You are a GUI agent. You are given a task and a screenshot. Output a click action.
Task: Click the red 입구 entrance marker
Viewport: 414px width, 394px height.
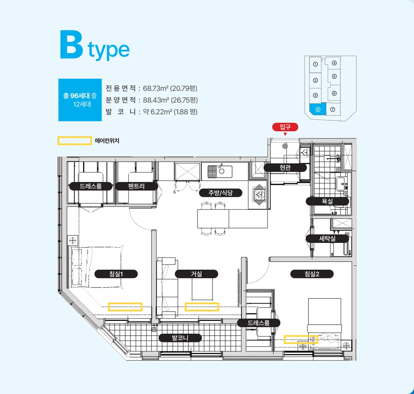coord(285,127)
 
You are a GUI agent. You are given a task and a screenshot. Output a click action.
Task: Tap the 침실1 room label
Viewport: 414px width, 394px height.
coord(116,274)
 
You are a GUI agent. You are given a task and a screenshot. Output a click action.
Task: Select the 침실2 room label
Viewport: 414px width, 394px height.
coord(312,274)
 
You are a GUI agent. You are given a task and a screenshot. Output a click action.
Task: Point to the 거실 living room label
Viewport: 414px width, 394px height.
coord(196,274)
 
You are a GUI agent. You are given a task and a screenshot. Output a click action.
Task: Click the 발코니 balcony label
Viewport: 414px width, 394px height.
coord(180,338)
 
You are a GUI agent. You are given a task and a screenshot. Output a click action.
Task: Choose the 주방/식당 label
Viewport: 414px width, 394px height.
coord(220,193)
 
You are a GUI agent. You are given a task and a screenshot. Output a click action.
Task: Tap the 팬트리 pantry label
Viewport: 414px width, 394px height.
coord(137,186)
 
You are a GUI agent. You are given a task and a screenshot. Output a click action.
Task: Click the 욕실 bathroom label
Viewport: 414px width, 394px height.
coord(327,201)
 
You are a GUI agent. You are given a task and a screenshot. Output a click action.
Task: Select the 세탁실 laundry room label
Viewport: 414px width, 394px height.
coord(327,239)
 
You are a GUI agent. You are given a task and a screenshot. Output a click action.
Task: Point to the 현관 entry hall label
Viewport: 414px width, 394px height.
coord(285,167)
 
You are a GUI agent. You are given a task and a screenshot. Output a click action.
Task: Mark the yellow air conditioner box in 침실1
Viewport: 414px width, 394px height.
coord(125,307)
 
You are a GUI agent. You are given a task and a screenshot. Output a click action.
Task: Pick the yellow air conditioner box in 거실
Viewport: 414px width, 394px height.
coord(202,307)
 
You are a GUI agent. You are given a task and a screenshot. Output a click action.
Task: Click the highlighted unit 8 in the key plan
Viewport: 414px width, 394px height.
coord(318,109)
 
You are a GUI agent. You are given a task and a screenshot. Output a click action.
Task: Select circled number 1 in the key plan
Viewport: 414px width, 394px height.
coord(315,64)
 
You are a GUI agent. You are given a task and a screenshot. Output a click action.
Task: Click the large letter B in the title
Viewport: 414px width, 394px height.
coord(71,44)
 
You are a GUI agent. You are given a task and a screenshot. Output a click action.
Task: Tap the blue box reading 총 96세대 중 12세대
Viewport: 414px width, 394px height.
coord(80,100)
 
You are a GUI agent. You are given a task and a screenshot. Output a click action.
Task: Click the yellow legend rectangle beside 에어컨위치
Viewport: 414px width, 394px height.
coord(75,141)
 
